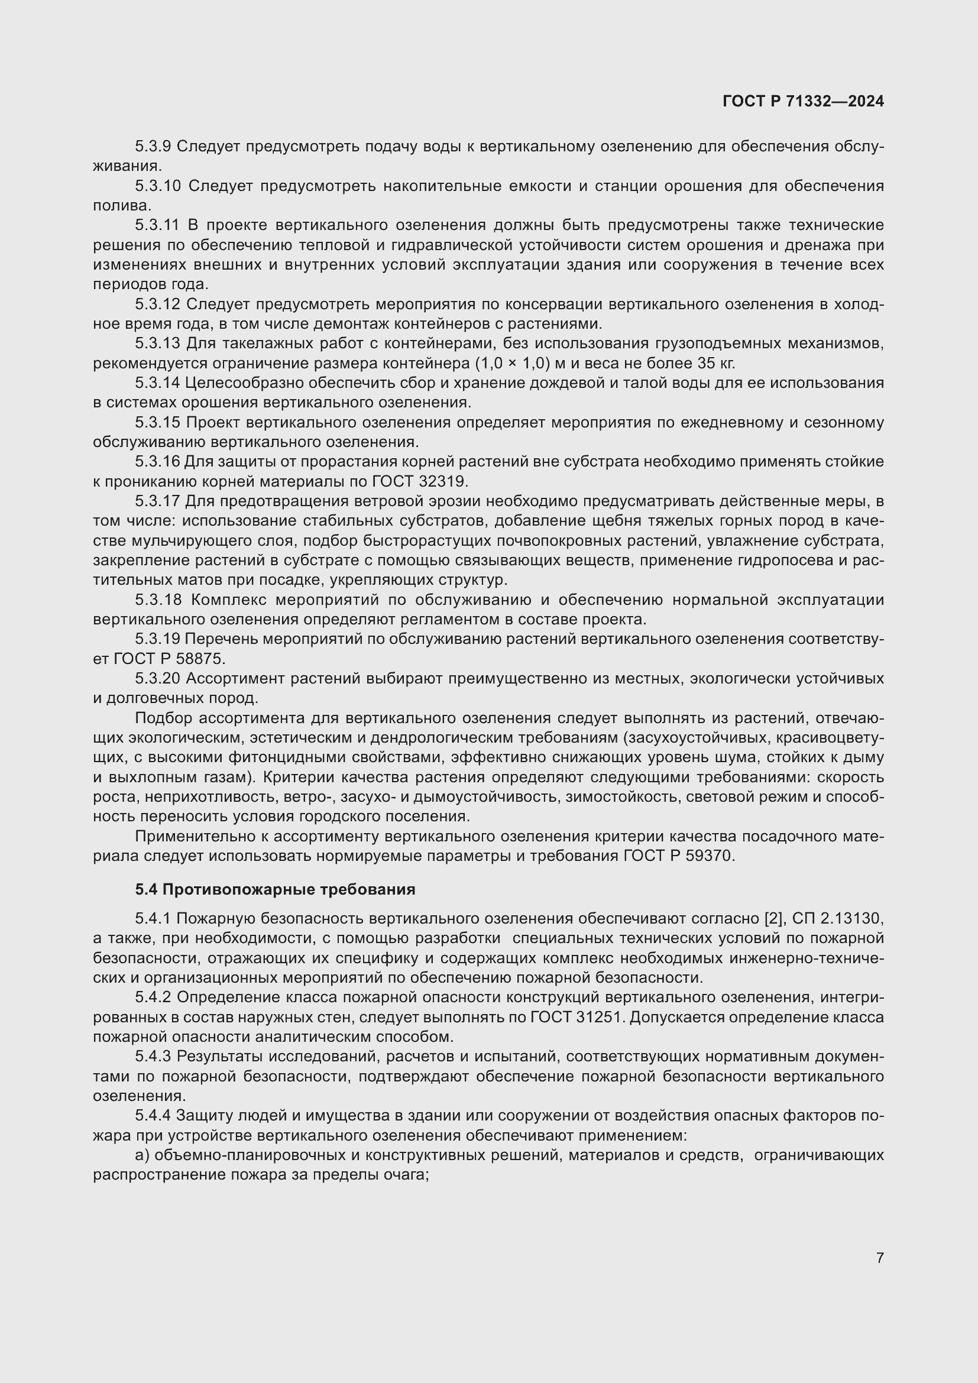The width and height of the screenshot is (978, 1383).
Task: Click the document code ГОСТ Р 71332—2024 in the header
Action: coord(803,101)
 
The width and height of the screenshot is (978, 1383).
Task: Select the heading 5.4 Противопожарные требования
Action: coord(275,889)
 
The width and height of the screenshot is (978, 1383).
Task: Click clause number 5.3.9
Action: coord(153,147)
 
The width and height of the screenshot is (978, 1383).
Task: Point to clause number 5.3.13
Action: coord(157,344)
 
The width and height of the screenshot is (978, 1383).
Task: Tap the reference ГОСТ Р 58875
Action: coord(169,659)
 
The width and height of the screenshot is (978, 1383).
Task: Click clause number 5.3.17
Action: coord(157,501)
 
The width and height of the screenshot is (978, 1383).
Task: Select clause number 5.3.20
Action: coord(157,678)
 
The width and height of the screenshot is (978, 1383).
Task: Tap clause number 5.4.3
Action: coord(153,1057)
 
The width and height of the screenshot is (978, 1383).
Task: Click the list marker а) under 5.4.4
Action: coord(141,1155)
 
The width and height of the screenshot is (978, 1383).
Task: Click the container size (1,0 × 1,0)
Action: coord(513,363)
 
